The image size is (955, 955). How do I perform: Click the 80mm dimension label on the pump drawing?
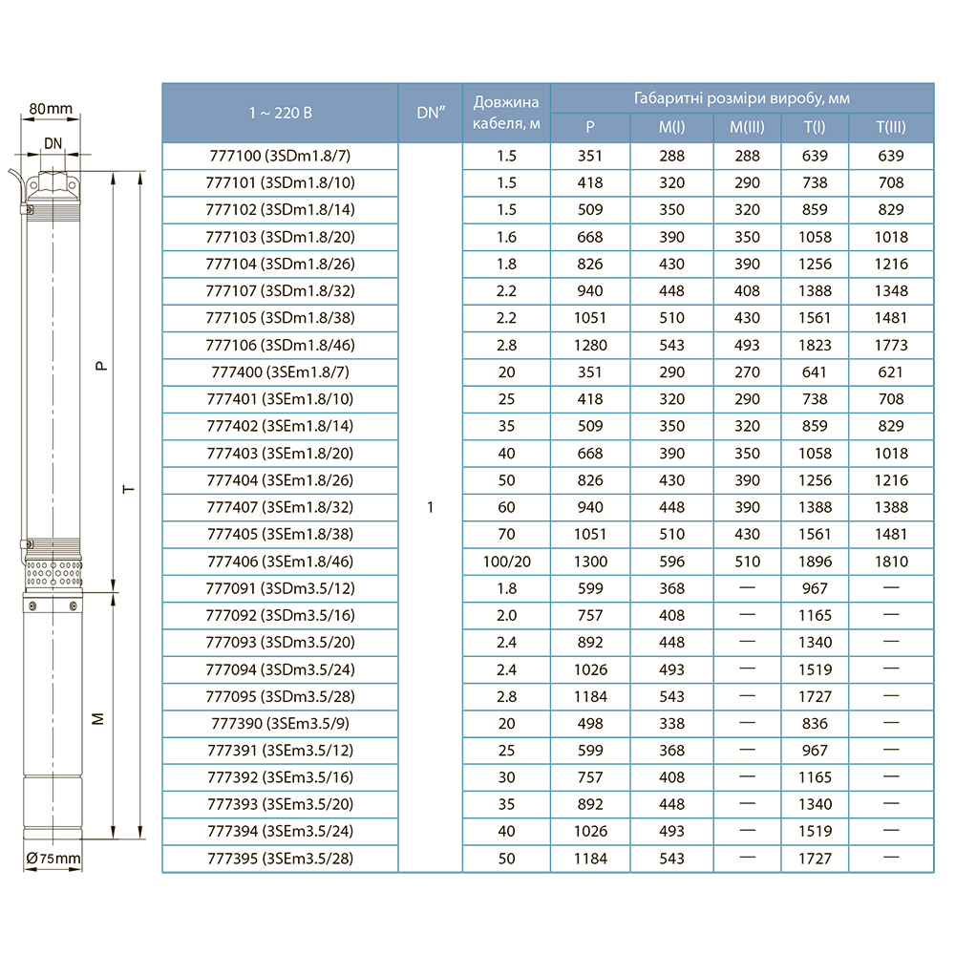point(51,109)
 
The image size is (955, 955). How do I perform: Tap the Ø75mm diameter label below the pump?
point(53,859)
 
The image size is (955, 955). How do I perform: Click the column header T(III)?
point(890,127)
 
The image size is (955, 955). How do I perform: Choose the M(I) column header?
point(671,127)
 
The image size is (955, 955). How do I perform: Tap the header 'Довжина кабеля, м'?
point(506,113)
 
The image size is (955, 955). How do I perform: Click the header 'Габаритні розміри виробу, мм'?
point(741,98)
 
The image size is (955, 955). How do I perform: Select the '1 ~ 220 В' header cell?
point(280,113)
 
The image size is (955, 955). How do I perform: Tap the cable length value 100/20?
point(506,562)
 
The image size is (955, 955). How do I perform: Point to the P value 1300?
point(590,562)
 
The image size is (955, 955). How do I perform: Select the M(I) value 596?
point(671,562)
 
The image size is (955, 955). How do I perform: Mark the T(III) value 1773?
point(890,345)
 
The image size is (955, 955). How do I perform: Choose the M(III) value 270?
point(747,371)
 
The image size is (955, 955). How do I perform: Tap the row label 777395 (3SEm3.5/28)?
point(280,859)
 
